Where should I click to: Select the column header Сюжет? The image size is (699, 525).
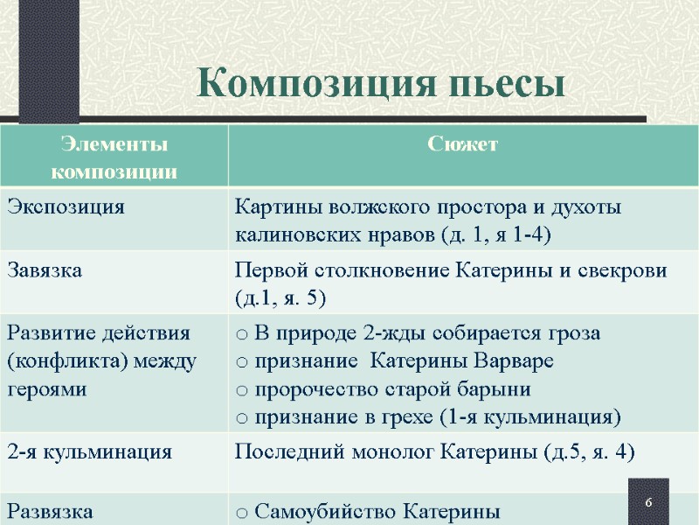click(x=463, y=144)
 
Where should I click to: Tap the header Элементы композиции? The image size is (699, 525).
click(x=113, y=157)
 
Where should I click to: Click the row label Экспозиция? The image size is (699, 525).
click(x=66, y=207)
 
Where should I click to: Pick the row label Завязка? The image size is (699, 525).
click(x=45, y=270)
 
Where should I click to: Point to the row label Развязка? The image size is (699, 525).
click(x=49, y=510)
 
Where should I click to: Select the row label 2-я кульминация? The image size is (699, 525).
click(x=89, y=452)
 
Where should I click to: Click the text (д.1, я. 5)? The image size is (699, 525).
click(x=280, y=297)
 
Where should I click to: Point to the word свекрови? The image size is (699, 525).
click(x=626, y=270)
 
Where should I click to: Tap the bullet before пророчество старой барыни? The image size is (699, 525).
click(x=242, y=389)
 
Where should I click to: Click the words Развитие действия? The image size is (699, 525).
click(x=99, y=333)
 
